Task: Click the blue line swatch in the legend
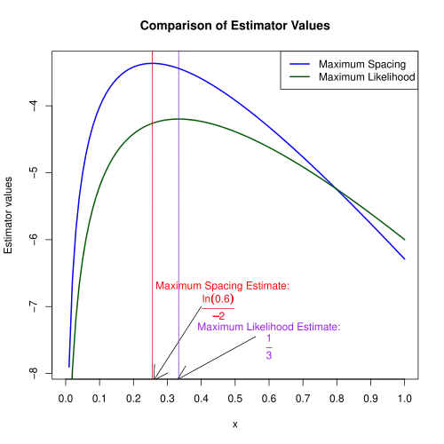pyautogui.click(x=298, y=65)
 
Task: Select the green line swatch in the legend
pyautogui.click(x=298, y=75)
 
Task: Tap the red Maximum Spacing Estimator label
pyautogui.click(x=222, y=286)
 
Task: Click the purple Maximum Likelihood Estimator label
pyautogui.click(x=268, y=327)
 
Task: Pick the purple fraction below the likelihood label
pyautogui.click(x=269, y=351)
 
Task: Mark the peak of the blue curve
pyautogui.click(x=153, y=63)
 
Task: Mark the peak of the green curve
pyautogui.click(x=180, y=118)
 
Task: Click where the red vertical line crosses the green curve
pyautogui.click(x=153, y=123)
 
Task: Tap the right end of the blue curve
pyautogui.click(x=406, y=259)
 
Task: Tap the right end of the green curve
pyautogui.click(x=409, y=240)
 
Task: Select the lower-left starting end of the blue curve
pyautogui.click(x=68, y=367)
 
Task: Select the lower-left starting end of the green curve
pyautogui.click(x=74, y=377)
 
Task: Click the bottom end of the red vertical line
pyautogui.click(x=153, y=378)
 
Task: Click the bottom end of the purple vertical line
pyautogui.click(x=180, y=378)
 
